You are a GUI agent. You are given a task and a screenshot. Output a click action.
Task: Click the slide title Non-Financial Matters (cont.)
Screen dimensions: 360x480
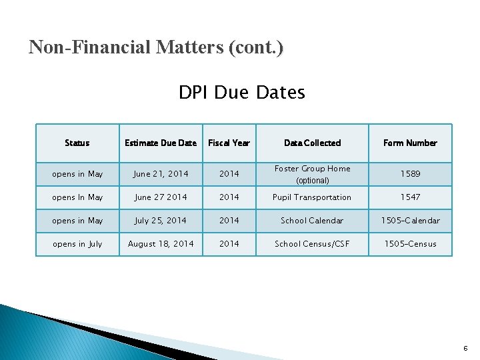coord(156,47)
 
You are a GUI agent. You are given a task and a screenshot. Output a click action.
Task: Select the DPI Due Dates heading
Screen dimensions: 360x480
coord(241,92)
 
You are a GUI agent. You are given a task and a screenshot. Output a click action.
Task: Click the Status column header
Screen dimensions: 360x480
coord(77,143)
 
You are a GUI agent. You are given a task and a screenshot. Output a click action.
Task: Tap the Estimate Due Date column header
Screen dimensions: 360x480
coord(161,143)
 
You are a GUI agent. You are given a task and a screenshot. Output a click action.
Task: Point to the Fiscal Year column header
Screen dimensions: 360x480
coord(229,143)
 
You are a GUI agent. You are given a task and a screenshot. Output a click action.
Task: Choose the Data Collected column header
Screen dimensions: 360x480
coord(312,143)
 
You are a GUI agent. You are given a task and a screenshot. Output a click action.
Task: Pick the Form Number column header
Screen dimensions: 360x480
coord(410,143)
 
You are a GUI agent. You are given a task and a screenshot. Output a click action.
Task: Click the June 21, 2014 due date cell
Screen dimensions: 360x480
coord(161,174)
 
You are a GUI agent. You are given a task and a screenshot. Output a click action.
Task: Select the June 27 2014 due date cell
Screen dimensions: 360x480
coord(161,197)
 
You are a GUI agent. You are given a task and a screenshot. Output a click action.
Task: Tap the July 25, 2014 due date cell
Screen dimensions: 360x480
coord(161,221)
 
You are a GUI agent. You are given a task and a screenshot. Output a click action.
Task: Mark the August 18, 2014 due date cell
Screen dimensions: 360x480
coord(161,244)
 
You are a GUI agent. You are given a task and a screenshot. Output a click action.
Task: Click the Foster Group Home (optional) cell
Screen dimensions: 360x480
coord(312,174)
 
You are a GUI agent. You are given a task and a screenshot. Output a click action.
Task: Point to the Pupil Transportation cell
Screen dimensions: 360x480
coord(312,197)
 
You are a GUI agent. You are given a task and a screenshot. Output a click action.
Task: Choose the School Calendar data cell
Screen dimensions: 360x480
coord(312,221)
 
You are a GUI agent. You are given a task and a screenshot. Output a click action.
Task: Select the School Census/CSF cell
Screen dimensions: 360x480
coord(312,244)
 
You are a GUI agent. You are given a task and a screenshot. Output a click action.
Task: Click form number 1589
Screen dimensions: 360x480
coord(410,174)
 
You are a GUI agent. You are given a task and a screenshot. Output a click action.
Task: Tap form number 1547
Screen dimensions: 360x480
coord(410,197)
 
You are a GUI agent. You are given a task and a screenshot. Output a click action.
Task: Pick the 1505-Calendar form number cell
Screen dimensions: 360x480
coord(410,221)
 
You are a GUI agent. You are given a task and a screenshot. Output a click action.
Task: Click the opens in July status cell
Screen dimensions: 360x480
coord(77,244)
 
